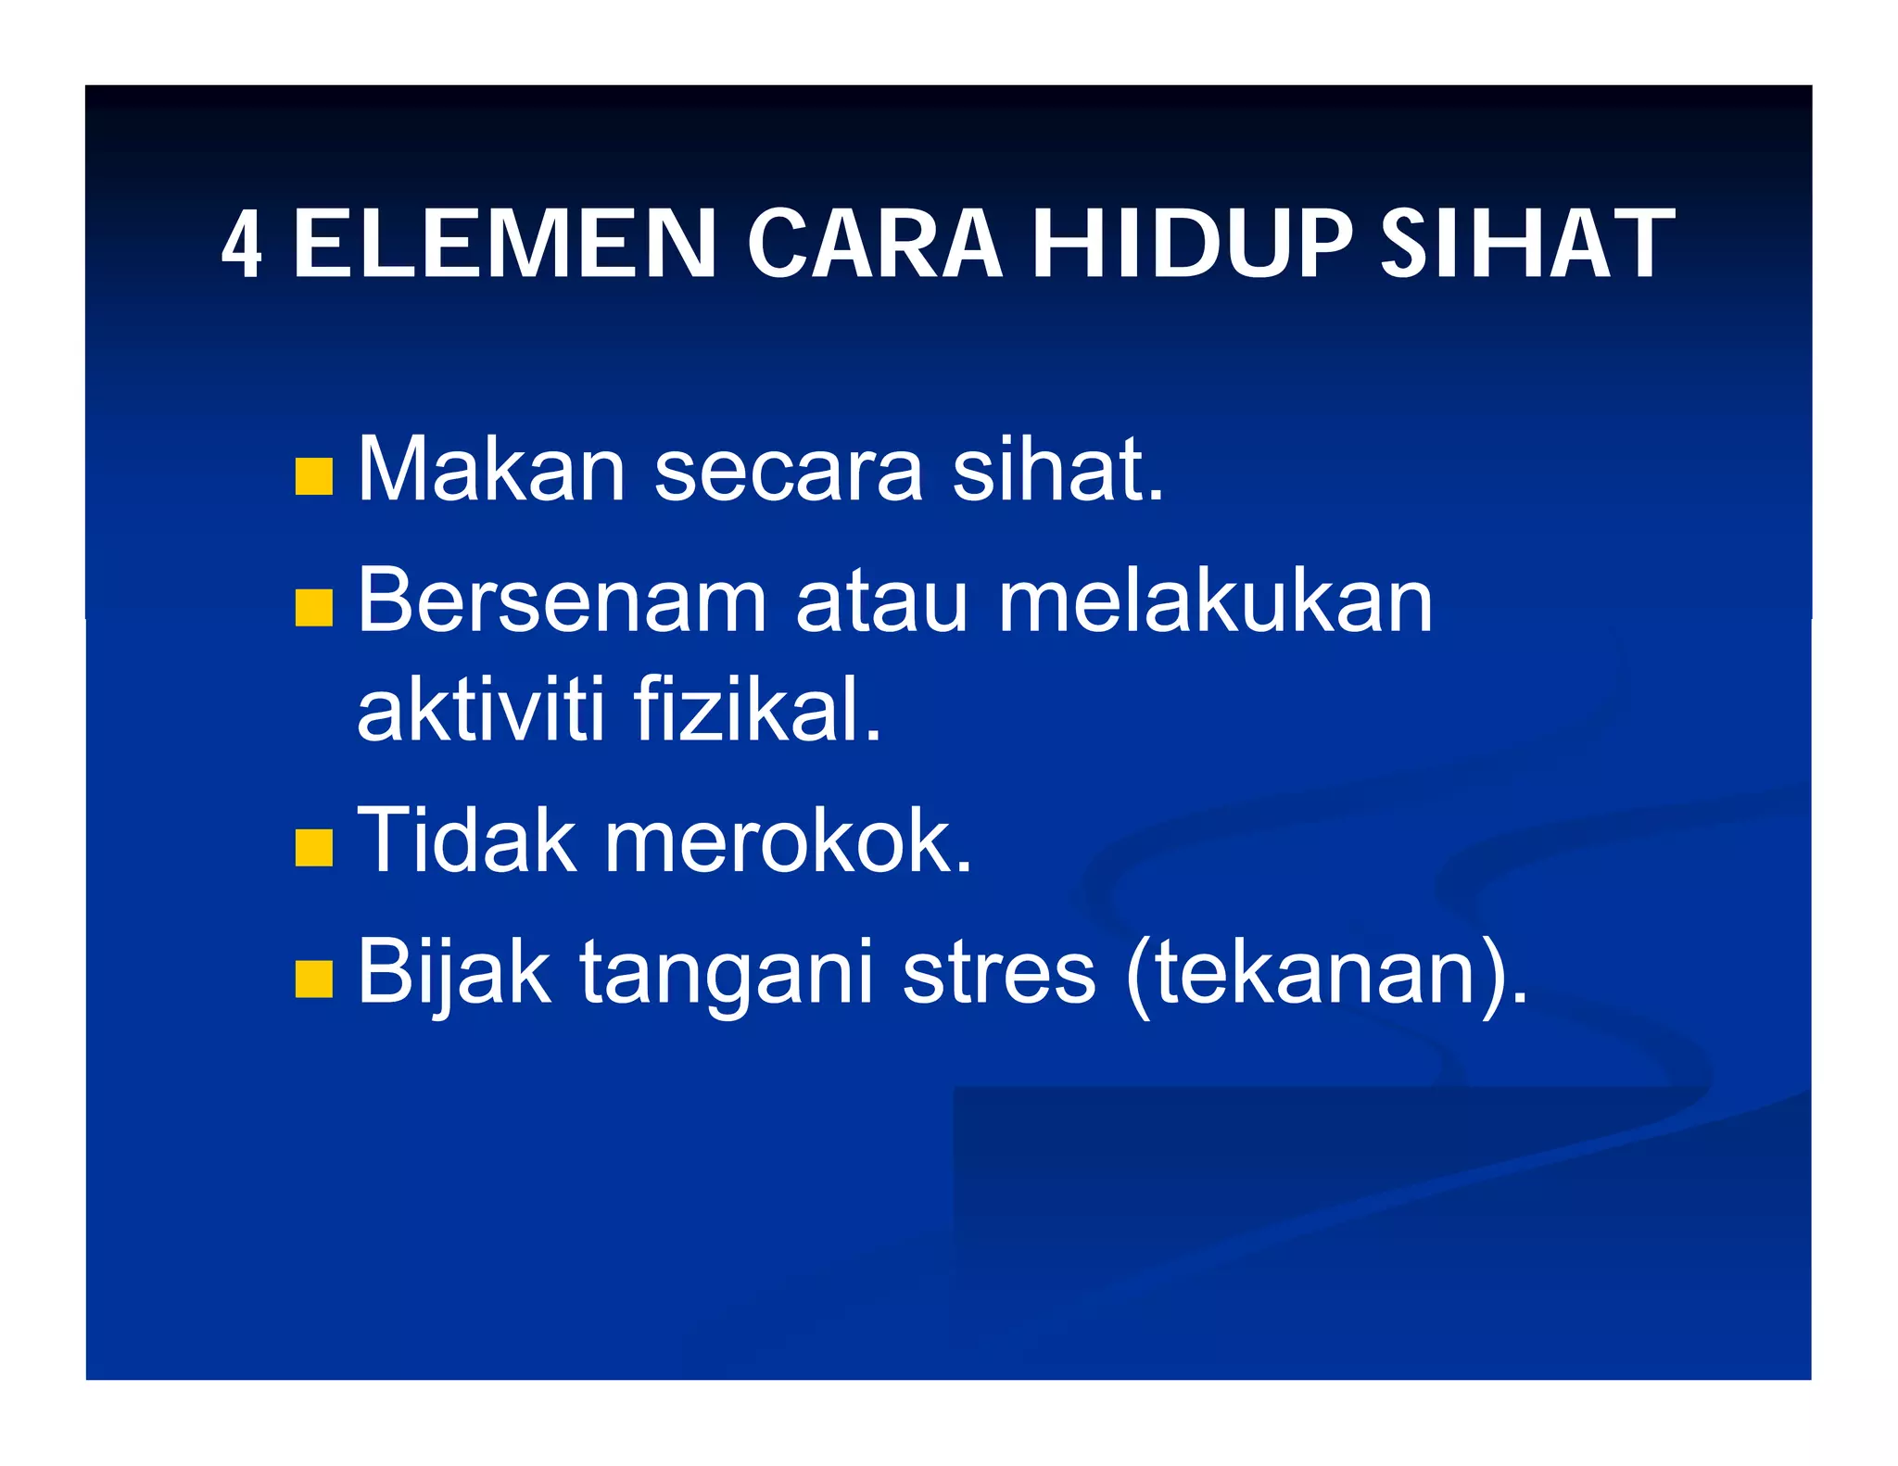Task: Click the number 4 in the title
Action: (241, 244)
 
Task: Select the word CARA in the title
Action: (874, 244)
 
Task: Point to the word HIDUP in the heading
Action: (1192, 244)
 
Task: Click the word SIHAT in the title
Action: (1527, 244)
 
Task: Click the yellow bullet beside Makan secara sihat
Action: (313, 476)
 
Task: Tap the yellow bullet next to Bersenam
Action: (313, 608)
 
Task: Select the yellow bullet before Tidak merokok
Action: (313, 847)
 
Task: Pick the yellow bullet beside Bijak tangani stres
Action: (313, 979)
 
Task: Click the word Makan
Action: (491, 470)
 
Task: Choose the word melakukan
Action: (1215, 601)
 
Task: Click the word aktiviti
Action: (481, 710)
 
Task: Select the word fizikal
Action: (757, 710)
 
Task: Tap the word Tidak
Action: (466, 840)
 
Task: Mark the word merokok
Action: (788, 840)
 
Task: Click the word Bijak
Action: (454, 973)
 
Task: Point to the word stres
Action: (998, 973)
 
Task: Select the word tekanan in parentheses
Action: (1315, 973)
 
